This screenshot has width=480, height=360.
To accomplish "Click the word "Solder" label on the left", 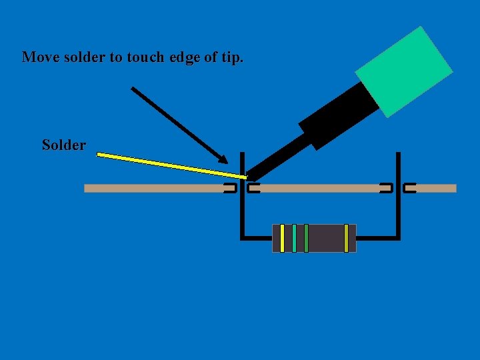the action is pyautogui.click(x=63, y=145).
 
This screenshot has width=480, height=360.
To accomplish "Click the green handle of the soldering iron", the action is pyautogui.click(x=404, y=71).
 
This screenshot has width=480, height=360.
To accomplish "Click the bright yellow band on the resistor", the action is pyautogui.click(x=282, y=238).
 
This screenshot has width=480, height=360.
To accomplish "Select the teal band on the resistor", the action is pyautogui.click(x=294, y=238).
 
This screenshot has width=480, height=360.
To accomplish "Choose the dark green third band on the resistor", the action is pyautogui.click(x=306, y=238).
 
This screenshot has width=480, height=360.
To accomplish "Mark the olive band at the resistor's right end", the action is pyautogui.click(x=346, y=238).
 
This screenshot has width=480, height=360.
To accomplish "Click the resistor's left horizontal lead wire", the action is pyautogui.click(x=257, y=237).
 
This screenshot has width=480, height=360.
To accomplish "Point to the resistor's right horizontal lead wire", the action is pyautogui.click(x=377, y=237).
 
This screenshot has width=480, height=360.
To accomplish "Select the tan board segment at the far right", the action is pyautogui.click(x=436, y=189).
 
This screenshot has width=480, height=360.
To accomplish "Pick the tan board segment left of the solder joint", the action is pyautogui.click(x=153, y=189).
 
